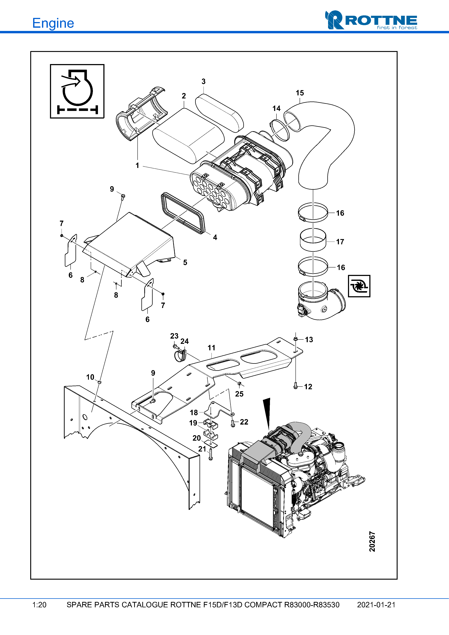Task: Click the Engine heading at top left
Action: pos(53,23)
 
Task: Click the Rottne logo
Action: pos(371,20)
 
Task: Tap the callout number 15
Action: pos(300,93)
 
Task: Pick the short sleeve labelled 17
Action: pos(313,240)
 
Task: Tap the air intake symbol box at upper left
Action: pos(77,91)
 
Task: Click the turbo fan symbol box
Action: pos(359,286)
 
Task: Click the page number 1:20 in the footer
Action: pos(39,605)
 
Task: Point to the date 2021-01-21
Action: pos(376,605)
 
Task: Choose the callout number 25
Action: pos(239,394)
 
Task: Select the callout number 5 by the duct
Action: pos(185,262)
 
